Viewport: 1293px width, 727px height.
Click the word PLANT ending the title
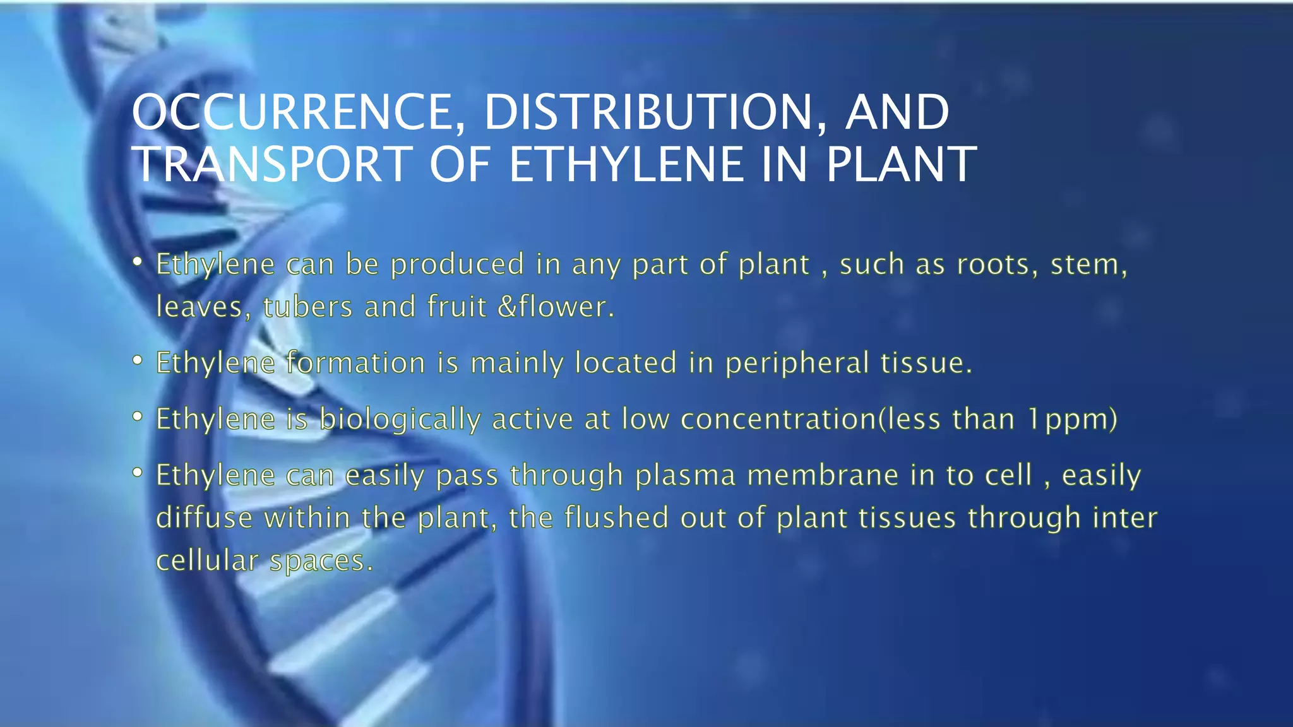(x=902, y=165)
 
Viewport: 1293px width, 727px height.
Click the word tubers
(x=307, y=307)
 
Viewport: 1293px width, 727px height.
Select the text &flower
(x=556, y=307)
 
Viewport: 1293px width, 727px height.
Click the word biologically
(x=400, y=420)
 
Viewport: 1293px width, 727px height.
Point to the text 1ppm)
(x=1073, y=420)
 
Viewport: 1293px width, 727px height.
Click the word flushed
(x=616, y=518)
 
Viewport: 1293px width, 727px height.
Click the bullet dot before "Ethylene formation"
(x=138, y=361)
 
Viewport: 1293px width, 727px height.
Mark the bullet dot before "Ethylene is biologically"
(x=138, y=417)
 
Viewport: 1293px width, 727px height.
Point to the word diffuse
(x=204, y=518)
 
